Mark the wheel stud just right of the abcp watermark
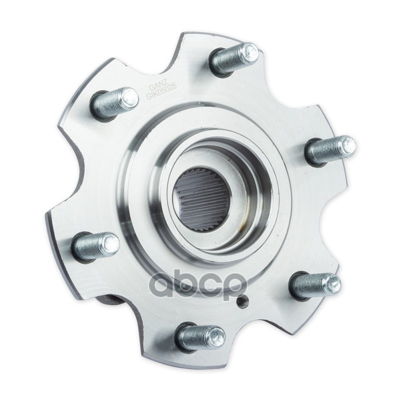(315, 285)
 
